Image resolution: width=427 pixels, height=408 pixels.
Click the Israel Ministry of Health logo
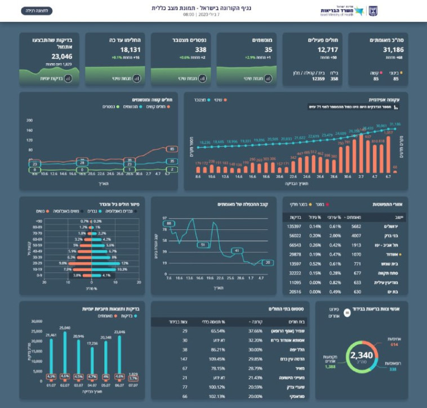[x=349, y=11]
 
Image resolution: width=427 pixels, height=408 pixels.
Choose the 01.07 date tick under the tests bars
[x=51, y=385]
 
